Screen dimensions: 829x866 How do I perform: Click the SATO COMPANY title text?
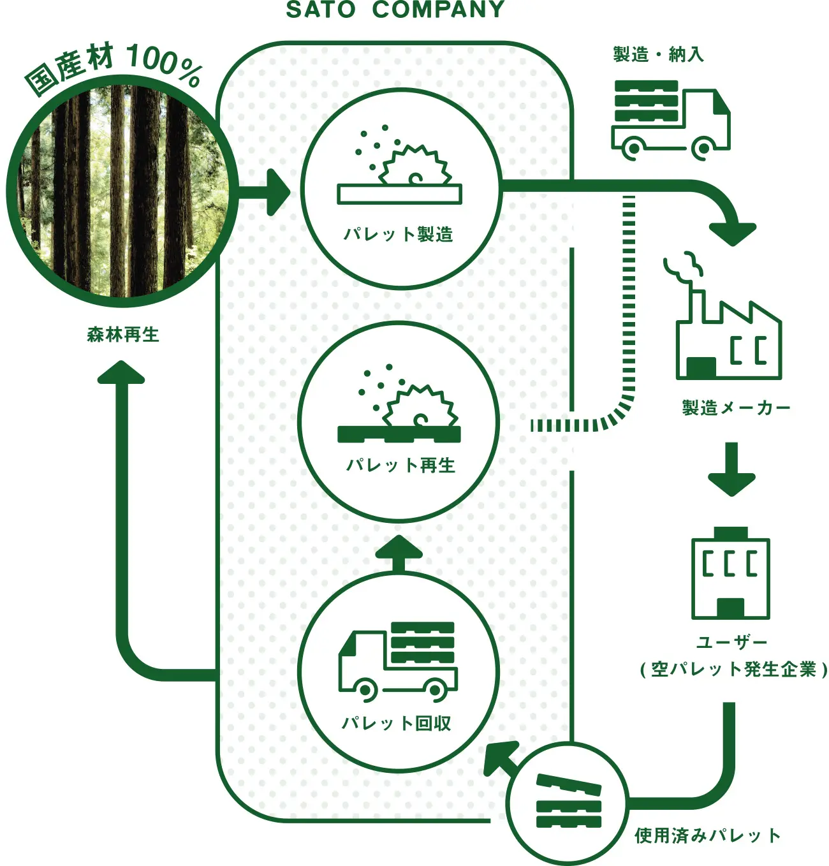coord(395,10)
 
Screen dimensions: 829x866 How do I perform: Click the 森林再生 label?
coord(123,335)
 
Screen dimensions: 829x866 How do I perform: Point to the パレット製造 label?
coord(399,234)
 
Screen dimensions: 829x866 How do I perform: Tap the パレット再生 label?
coord(400,466)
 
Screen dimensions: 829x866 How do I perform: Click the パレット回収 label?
coord(397,724)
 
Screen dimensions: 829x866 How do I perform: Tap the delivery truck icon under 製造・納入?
coord(671,120)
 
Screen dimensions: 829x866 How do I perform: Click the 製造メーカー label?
coord(736,407)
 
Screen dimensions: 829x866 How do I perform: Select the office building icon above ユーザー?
coord(731,573)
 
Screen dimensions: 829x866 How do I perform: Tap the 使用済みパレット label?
coord(708,836)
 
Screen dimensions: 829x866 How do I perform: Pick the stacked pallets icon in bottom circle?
coord(569,802)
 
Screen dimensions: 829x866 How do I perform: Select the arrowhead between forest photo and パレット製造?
coord(278,192)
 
